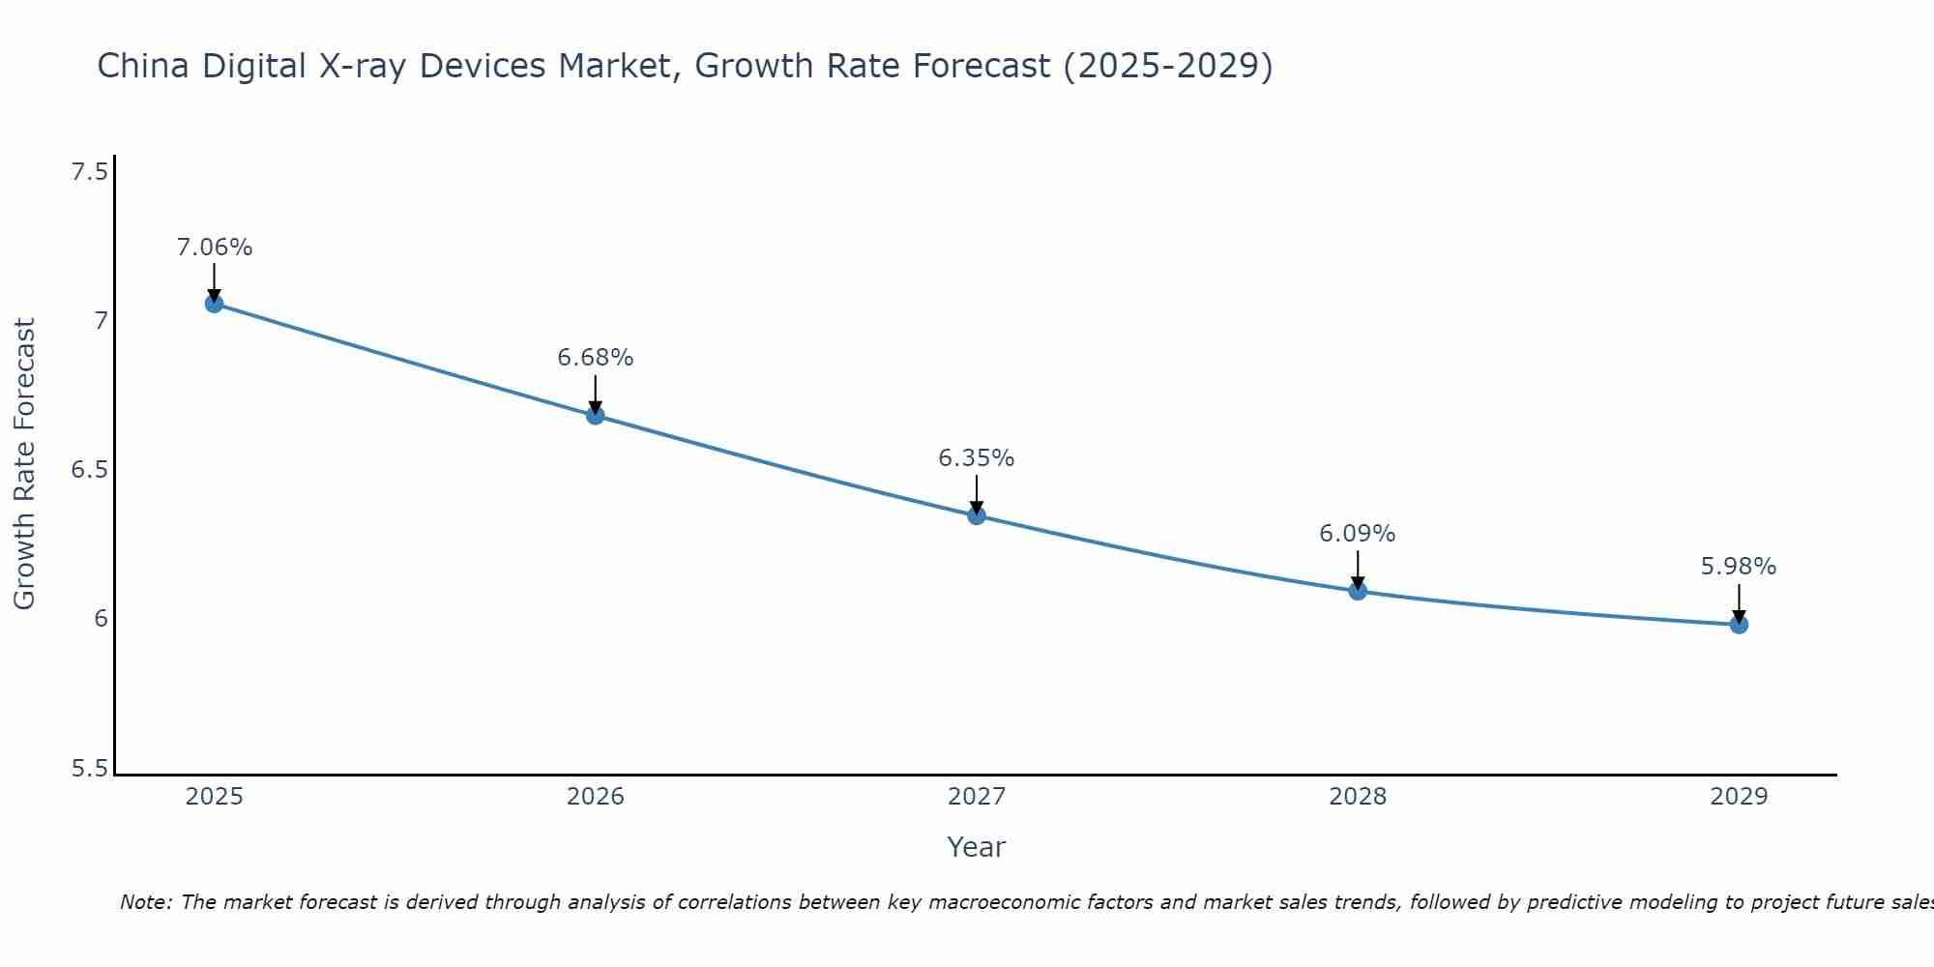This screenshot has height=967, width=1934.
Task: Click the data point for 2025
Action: pyautogui.click(x=214, y=304)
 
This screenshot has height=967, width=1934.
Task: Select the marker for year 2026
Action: pyautogui.click(x=595, y=416)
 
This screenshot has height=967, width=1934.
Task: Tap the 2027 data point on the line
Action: pyautogui.click(x=976, y=515)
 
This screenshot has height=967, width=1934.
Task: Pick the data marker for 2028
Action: pyautogui.click(x=1357, y=591)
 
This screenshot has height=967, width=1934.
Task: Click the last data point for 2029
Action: pyautogui.click(x=1738, y=625)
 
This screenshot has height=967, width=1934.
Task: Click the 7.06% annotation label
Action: pyautogui.click(x=214, y=248)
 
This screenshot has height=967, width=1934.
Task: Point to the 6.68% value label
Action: pyautogui.click(x=595, y=358)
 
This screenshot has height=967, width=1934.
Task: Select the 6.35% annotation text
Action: pyautogui.click(x=976, y=458)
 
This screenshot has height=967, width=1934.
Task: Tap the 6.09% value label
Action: pyautogui.click(x=1357, y=534)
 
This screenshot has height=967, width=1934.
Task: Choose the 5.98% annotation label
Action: pyautogui.click(x=1738, y=567)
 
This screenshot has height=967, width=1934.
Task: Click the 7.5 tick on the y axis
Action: pyautogui.click(x=89, y=172)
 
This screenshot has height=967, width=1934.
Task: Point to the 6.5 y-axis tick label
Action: pyautogui.click(x=89, y=470)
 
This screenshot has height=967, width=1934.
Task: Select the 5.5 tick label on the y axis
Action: pyautogui.click(x=89, y=769)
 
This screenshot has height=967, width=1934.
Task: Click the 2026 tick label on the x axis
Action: pyautogui.click(x=595, y=797)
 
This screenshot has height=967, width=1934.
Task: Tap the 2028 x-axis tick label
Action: pyautogui.click(x=1357, y=797)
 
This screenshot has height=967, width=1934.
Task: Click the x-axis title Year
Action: pyautogui.click(x=976, y=847)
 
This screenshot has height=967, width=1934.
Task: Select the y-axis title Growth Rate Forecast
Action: pyautogui.click(x=24, y=464)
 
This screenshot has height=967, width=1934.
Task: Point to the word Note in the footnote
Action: pyautogui.click(x=145, y=902)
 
